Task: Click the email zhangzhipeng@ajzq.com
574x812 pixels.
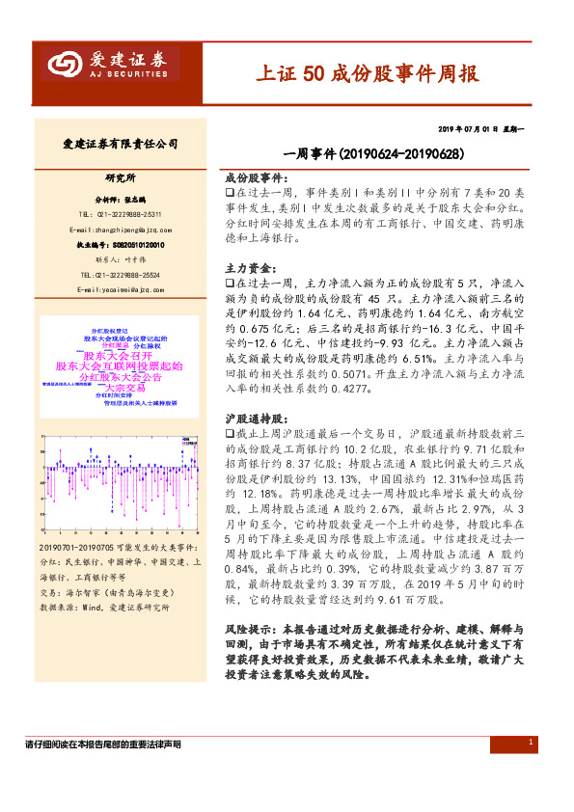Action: click(x=121, y=230)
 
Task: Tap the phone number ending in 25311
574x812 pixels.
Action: click(x=121, y=213)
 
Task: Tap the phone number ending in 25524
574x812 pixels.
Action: click(x=121, y=275)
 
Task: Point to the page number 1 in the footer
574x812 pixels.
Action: click(x=533, y=743)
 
